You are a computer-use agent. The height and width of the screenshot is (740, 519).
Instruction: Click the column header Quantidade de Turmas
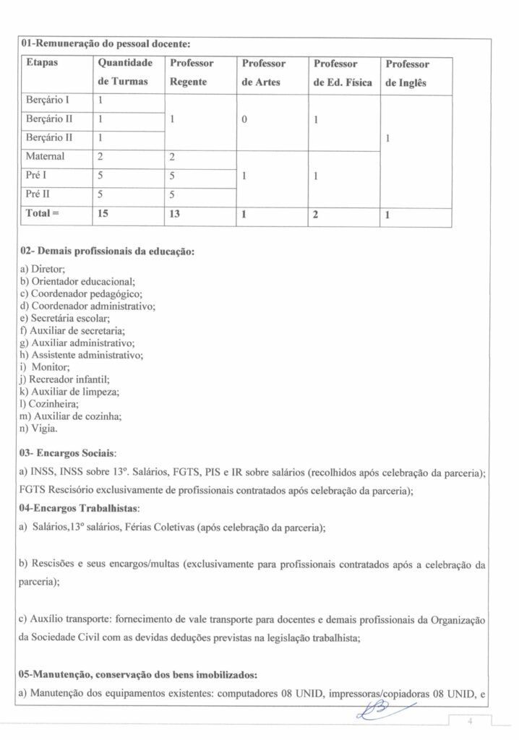coord(122,73)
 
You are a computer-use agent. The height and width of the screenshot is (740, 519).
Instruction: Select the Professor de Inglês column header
coord(407,73)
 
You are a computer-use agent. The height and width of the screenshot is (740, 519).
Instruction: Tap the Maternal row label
coord(46,156)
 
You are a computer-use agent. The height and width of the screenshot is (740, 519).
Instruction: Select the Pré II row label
coord(40,194)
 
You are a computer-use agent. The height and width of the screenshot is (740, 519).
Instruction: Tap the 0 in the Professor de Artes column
coord(244,119)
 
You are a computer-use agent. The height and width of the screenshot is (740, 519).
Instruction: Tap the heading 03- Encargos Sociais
coord(68,454)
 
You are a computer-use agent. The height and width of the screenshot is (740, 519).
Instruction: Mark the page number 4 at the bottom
coord(469,720)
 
